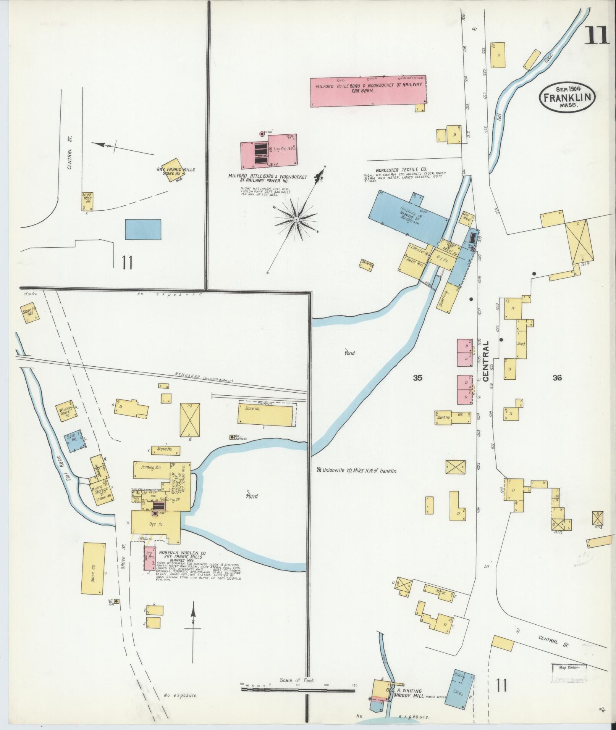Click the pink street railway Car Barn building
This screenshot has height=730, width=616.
[368, 92]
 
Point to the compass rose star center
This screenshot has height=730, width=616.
[296, 219]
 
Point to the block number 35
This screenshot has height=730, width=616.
[417, 378]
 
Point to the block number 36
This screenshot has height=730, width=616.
[557, 378]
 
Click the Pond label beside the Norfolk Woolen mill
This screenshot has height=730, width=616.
[252, 496]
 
